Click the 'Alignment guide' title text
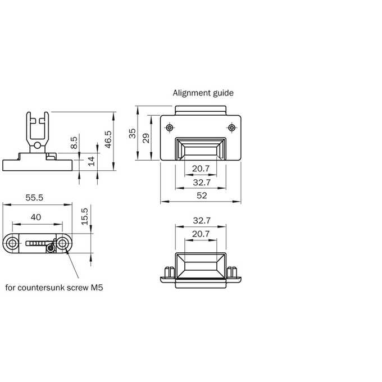coord(203,93)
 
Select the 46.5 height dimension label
coord(108,139)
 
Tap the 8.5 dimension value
coord(74,143)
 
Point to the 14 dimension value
coord(91,161)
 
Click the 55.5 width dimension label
coord(34,198)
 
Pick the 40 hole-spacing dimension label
coord(36,217)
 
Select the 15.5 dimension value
coord(84,216)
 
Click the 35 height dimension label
coord(132,134)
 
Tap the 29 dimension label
coord(145,138)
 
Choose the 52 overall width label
coord(202,195)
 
